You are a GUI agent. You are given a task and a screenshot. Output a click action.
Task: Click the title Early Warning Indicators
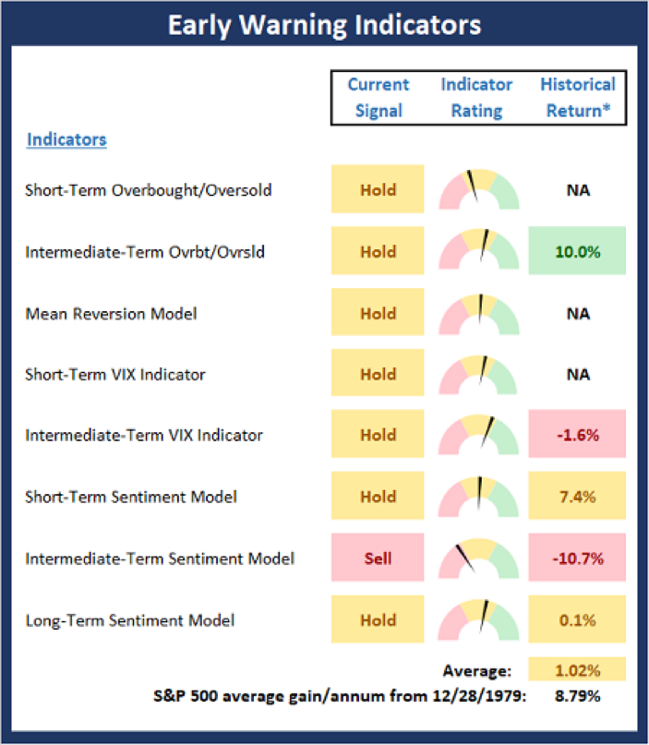[324, 25]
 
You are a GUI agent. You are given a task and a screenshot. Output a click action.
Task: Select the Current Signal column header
[378, 97]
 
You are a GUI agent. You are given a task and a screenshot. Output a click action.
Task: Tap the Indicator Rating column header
[476, 97]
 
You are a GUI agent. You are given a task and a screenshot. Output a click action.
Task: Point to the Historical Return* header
[577, 97]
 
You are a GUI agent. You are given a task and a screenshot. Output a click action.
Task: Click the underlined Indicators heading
[66, 140]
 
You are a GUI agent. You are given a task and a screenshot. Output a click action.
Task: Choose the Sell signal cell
[378, 559]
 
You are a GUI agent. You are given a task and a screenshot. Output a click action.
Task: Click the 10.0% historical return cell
[577, 251]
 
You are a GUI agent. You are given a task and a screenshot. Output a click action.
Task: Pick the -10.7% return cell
[577, 559]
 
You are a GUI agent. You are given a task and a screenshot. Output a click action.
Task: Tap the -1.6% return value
[577, 436]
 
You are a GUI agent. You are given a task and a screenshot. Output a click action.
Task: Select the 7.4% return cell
[577, 497]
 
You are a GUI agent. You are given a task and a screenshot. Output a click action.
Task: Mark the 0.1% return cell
[577, 620]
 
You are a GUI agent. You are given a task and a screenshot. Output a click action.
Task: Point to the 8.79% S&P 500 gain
[577, 695]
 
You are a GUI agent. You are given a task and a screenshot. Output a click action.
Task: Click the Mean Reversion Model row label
[112, 313]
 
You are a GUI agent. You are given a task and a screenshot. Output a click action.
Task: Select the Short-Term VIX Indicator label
[115, 375]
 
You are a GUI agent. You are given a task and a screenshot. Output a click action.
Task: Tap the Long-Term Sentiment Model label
[130, 620]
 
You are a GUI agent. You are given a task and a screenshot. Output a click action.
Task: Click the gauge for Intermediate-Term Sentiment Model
[478, 559]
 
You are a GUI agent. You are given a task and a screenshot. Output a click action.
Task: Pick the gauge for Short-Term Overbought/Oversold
[478, 190]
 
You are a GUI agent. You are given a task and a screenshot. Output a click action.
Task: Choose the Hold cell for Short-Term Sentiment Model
[378, 497]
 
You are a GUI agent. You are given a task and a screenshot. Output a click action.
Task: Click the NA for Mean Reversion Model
[577, 313]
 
